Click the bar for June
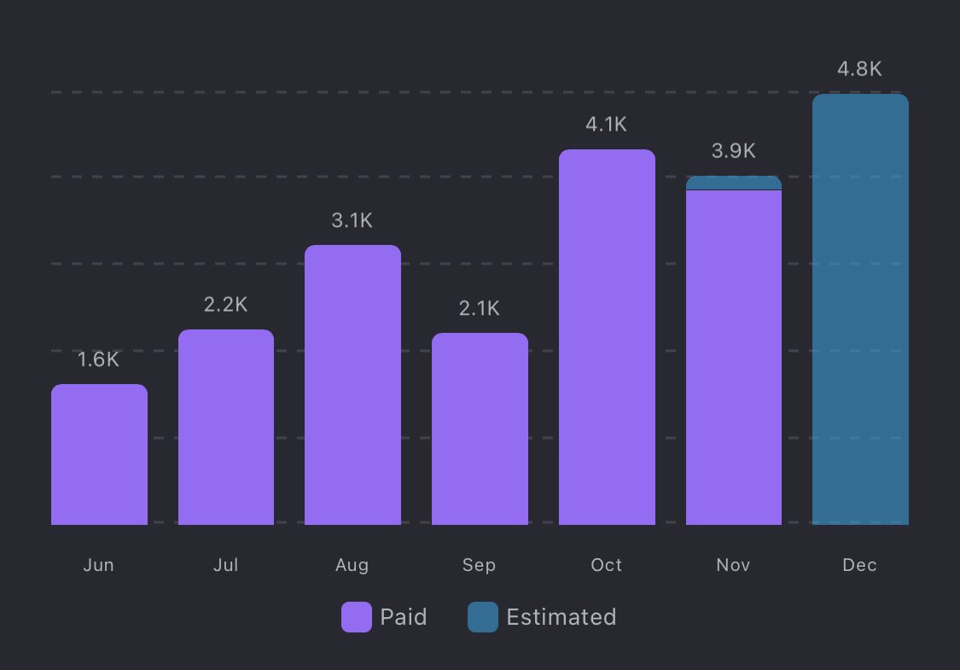[99, 454]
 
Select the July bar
[226, 427]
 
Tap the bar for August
[352, 385]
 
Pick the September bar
[480, 428]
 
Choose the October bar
[607, 337]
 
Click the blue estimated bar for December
[860, 309]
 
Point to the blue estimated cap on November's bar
[734, 183]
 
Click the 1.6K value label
[99, 360]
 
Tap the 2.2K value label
[226, 305]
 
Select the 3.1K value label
[352, 220]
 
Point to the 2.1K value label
[480, 308]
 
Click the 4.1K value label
[607, 125]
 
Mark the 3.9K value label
[734, 151]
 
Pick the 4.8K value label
[860, 69]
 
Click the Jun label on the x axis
[99, 565]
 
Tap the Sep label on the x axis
[480, 565]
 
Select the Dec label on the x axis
[860, 565]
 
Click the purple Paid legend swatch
[357, 617]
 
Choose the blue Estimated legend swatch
[483, 617]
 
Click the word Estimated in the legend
[561, 617]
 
